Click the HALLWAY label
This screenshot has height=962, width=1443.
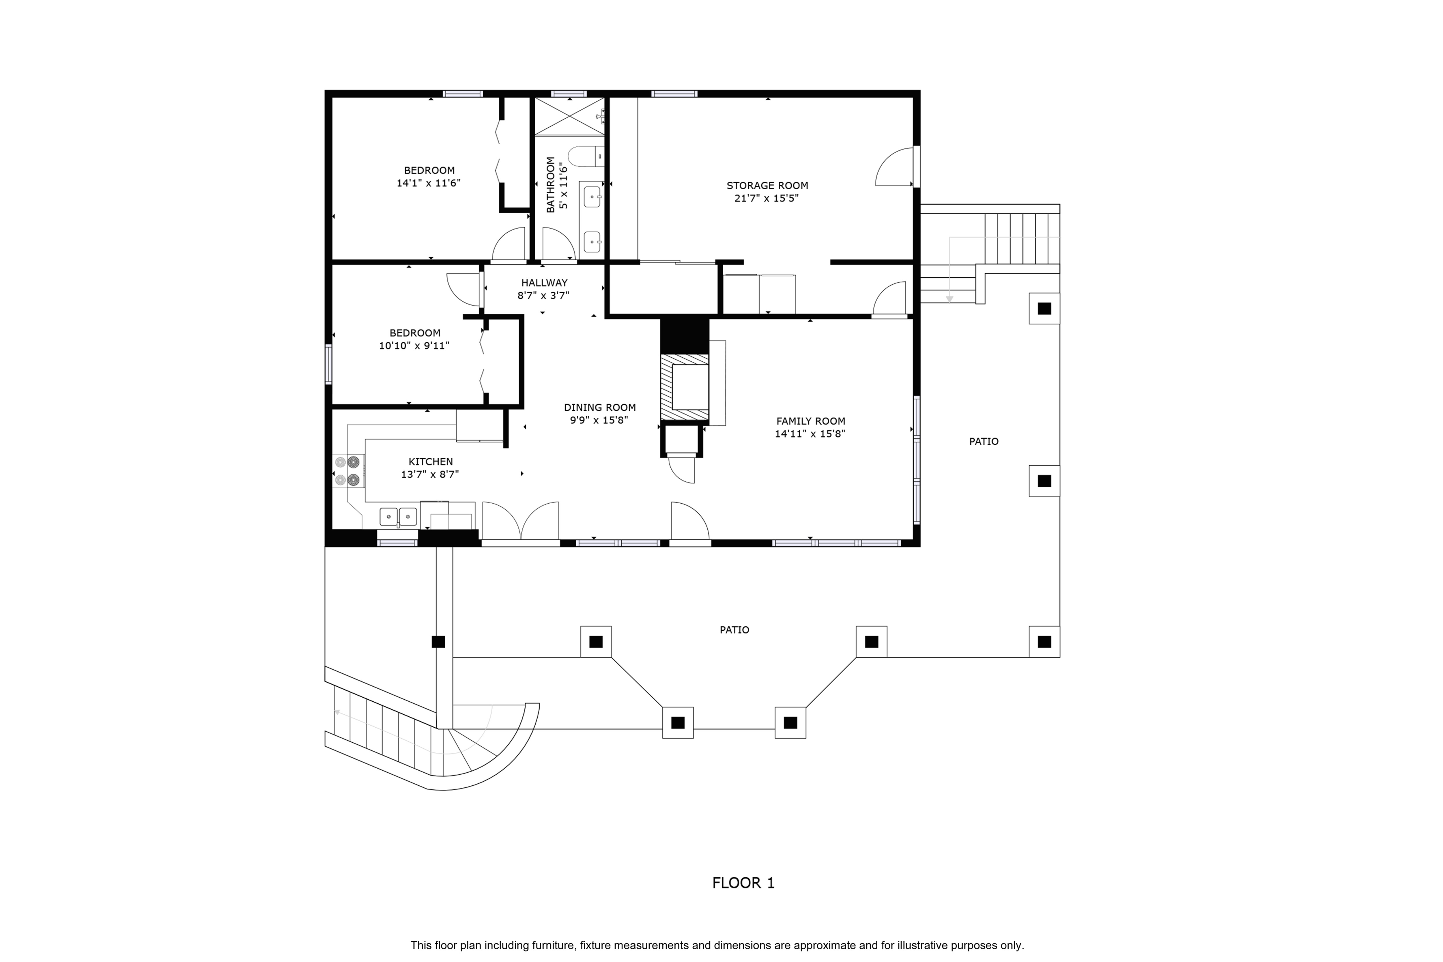point(544,283)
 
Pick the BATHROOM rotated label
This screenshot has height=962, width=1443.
point(550,185)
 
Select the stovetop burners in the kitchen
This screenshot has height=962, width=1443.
point(347,471)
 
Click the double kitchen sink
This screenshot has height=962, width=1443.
point(398,517)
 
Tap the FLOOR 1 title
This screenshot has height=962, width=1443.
point(743,883)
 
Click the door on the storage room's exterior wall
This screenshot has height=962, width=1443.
point(896,167)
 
